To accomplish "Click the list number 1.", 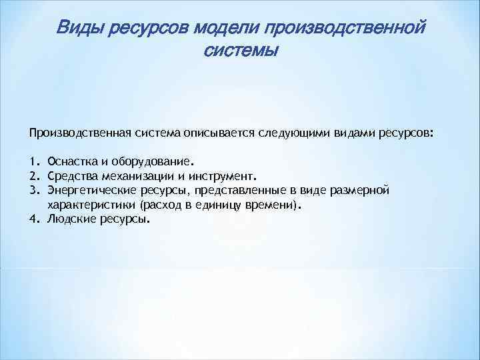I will click(33, 161).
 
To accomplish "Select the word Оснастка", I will click(71, 161).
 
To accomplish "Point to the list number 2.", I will click(33, 177).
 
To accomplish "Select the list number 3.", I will click(33, 191).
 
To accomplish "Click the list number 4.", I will click(33, 220).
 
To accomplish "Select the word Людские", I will click(70, 220).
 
